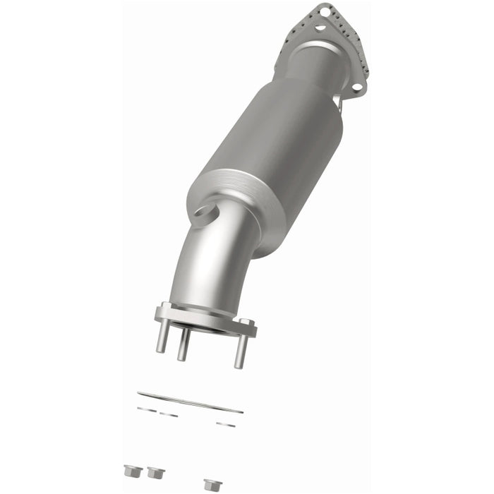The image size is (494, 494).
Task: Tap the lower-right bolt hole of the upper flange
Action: click(x=357, y=87)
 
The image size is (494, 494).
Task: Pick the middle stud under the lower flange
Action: click(x=183, y=346)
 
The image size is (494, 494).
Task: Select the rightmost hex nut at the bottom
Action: click(x=209, y=484)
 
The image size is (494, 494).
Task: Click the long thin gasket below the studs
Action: click(x=190, y=402)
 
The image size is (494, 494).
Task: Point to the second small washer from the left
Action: click(x=168, y=414)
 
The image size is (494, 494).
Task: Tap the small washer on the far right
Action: click(x=226, y=424)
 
